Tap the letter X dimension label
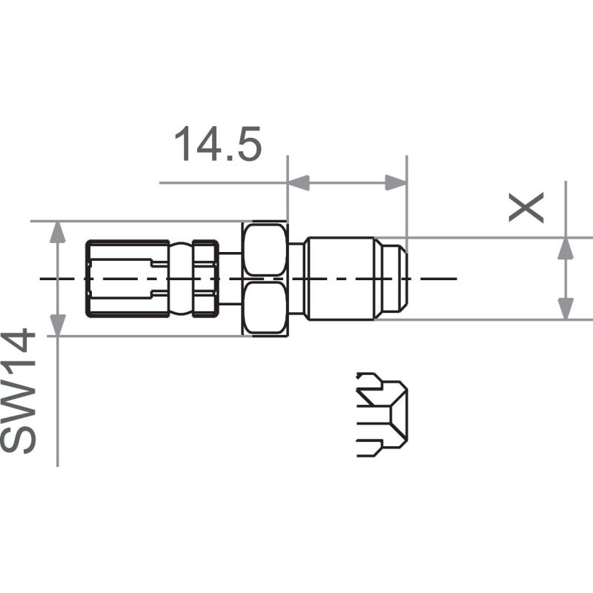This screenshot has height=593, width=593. click(x=527, y=208)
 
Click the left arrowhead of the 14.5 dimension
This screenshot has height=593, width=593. click(x=297, y=182)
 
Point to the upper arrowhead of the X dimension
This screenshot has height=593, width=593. click(x=566, y=248)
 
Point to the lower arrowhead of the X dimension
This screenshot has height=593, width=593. click(x=566, y=309)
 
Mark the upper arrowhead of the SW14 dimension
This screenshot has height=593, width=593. click(x=57, y=233)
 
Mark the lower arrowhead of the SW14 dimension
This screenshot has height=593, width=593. click(x=57, y=325)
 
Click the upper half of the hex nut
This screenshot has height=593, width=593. click(x=265, y=250)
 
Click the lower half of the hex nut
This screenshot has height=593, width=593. click(x=265, y=305)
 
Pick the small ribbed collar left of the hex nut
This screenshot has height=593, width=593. click(x=205, y=279)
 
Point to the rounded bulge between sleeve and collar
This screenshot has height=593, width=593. click(x=179, y=279)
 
